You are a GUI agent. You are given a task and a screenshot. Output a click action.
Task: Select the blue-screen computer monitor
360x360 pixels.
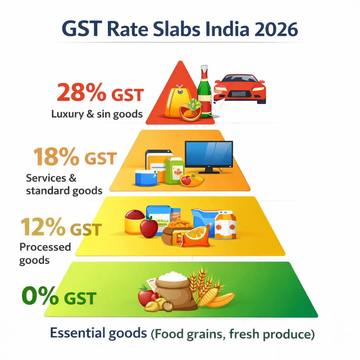point(209,155)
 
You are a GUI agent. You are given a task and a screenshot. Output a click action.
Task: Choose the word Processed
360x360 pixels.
point(45,247)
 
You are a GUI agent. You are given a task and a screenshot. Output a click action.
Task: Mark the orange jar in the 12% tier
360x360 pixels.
point(225,225)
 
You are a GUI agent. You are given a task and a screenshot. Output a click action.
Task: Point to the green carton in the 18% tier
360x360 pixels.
point(175,171)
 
